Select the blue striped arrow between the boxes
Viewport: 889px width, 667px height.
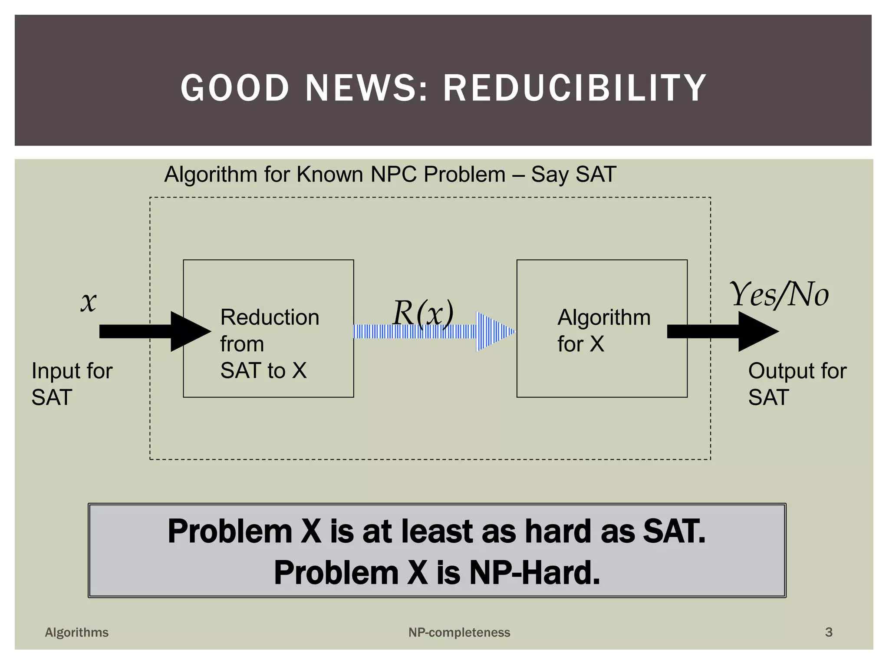point(434,332)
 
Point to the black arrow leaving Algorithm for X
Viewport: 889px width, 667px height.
point(723,331)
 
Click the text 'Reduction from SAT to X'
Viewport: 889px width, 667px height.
point(269,343)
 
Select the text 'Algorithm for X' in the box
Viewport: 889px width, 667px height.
point(603,330)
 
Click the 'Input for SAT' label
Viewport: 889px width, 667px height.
point(72,384)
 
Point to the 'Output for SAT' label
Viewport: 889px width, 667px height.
point(797,384)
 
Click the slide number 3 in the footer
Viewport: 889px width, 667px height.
point(829,632)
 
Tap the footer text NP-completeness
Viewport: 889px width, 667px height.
point(459,632)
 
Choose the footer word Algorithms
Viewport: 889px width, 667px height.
point(77,632)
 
